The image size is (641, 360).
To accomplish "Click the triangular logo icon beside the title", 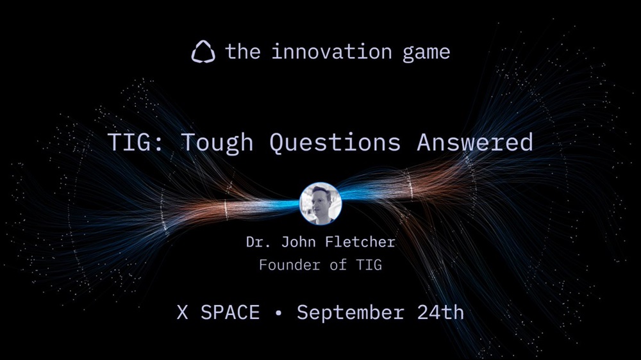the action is coord(203,52).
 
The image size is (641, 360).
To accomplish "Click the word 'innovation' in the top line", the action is coord(331,52).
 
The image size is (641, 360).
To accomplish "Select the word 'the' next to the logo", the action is coord(243,52).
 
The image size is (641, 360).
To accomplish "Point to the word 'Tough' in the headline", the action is coord(217,143).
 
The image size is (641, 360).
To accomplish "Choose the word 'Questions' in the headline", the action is coord(335,143).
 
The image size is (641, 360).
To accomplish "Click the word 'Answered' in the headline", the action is coord(475,142).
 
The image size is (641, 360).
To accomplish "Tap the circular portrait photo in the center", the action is coord(320,204).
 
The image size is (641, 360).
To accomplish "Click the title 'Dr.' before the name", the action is coord(258,242).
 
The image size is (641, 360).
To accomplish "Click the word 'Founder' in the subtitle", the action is coord(290,265).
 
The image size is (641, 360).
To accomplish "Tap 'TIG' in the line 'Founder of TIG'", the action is coord(369,265).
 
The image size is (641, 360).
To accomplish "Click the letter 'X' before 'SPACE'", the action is coord(182,313).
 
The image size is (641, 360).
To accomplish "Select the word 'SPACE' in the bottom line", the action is coord(230,313).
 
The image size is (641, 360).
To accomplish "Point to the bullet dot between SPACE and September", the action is coord(279,313).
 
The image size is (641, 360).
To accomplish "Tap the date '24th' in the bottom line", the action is coord(441,313).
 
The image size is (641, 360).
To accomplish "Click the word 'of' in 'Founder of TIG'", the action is coord(338,265).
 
